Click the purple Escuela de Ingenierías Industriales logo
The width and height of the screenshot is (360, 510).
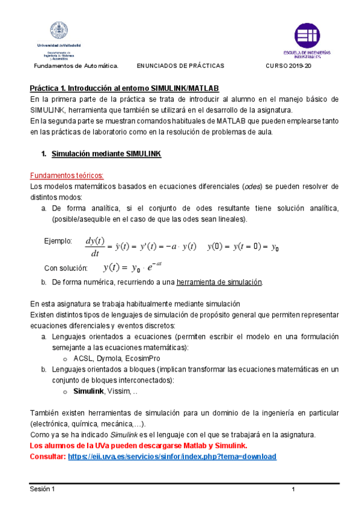(x=307, y=35)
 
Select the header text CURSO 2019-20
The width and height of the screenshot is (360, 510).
(x=288, y=65)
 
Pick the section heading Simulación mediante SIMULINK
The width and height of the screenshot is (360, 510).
(x=106, y=154)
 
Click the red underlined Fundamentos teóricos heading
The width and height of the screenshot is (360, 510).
(x=67, y=175)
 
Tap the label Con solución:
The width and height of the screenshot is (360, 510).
(x=66, y=268)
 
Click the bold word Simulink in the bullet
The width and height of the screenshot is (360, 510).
(x=88, y=391)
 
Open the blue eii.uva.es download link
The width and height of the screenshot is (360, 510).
(x=172, y=456)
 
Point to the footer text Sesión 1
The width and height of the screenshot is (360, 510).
(x=43, y=489)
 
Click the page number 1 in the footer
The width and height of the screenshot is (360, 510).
(x=293, y=490)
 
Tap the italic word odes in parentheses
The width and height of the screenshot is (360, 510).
(x=252, y=186)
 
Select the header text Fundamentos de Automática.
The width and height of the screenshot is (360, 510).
(x=75, y=65)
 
